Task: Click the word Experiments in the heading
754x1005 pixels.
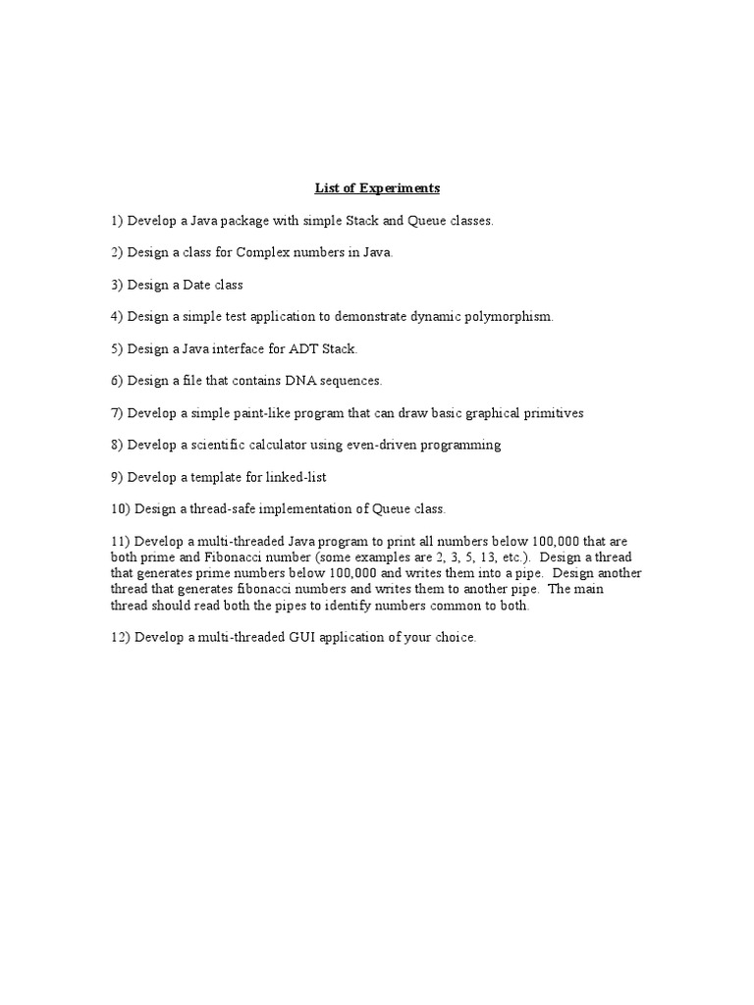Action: (x=400, y=187)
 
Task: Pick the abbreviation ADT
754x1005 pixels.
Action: (x=300, y=348)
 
